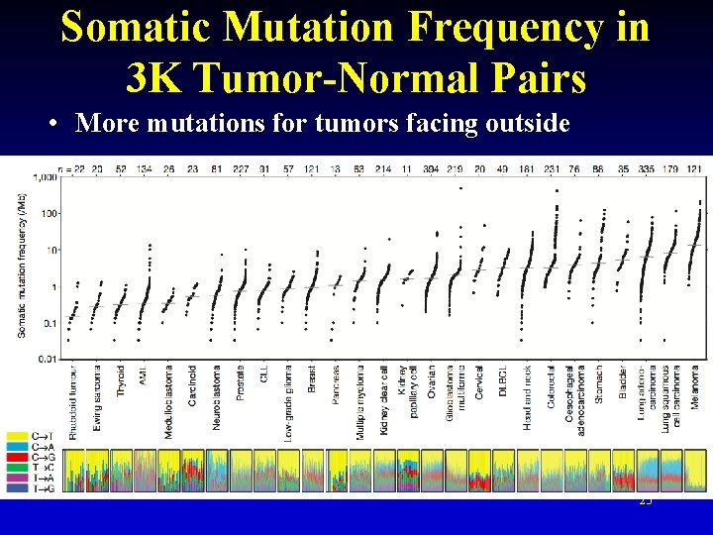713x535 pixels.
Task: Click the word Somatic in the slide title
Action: tap(134, 27)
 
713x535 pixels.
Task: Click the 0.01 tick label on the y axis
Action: tap(45, 359)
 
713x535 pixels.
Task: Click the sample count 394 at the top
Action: tap(432, 169)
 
